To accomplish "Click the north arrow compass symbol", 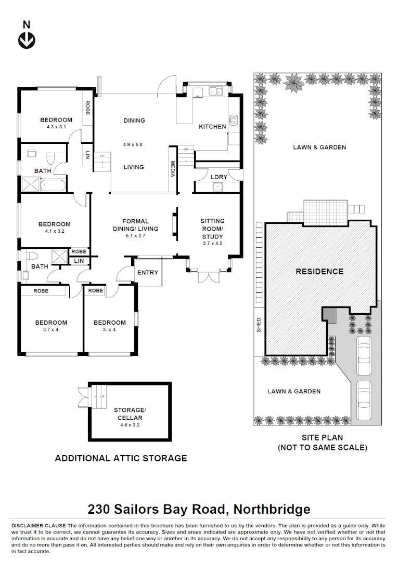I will click(x=27, y=39).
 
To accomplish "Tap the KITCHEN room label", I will click(x=212, y=127).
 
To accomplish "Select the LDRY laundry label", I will click(x=219, y=177).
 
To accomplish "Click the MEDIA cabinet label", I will click(x=172, y=169).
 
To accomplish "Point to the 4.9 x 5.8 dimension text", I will click(x=134, y=144).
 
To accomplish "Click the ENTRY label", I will click(x=148, y=273).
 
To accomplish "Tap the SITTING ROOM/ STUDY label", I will click(x=212, y=229).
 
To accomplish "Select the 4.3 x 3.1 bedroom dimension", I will click(x=56, y=126).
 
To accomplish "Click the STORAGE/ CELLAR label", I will click(x=128, y=413).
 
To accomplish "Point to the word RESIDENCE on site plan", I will click(x=319, y=271).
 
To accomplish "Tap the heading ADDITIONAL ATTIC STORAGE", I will click(x=121, y=458).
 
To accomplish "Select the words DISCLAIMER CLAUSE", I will click(x=38, y=526).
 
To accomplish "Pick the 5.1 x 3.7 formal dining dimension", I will click(x=135, y=235).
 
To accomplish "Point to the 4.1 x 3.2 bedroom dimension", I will click(x=54, y=231).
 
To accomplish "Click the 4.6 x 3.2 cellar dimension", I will click(x=128, y=424).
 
